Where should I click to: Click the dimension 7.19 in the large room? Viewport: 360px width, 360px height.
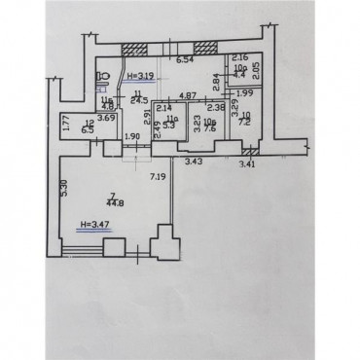click(157, 176)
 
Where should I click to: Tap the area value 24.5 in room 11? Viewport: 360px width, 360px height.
click(138, 100)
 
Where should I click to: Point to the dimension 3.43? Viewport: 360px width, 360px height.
click(194, 161)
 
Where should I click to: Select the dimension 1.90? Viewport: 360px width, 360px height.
click(134, 136)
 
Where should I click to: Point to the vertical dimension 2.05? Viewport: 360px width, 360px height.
click(257, 70)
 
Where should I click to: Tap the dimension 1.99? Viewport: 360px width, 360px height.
click(244, 92)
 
